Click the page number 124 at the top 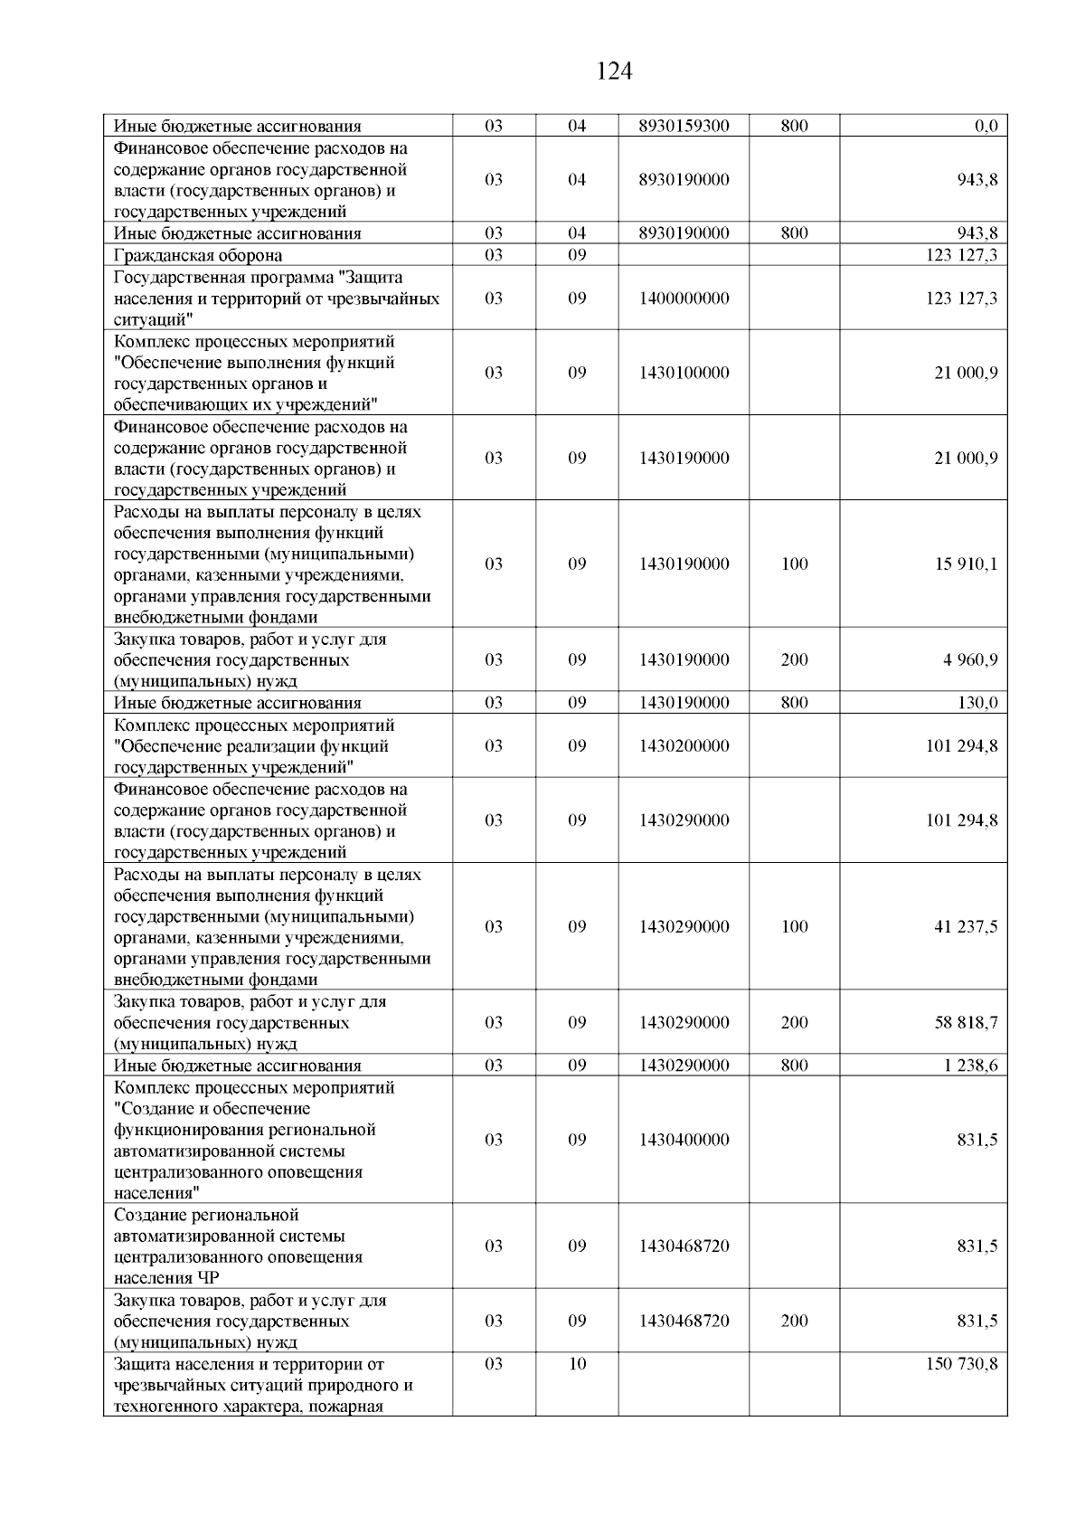(614, 71)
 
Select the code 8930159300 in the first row (684, 127)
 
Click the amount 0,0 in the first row (986, 127)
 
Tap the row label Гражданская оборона (198, 255)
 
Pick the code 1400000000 (684, 298)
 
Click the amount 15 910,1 (966, 564)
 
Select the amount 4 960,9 (970, 659)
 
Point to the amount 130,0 (977, 703)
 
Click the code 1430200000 (684, 746)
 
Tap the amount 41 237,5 (966, 926)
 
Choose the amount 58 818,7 (966, 1022)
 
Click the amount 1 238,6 (970, 1066)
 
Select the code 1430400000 (684, 1140)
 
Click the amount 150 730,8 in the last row (961, 1364)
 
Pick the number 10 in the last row (577, 1364)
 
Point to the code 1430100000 (684, 373)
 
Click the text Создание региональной (206, 1215)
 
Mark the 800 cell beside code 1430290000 (794, 1066)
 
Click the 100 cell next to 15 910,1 (794, 564)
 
